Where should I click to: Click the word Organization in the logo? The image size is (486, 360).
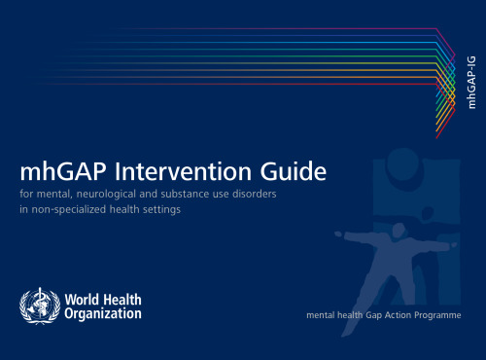point(102,314)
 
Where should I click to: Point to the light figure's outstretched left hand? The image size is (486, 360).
point(337,234)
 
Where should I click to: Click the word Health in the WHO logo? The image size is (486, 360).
point(122,298)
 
